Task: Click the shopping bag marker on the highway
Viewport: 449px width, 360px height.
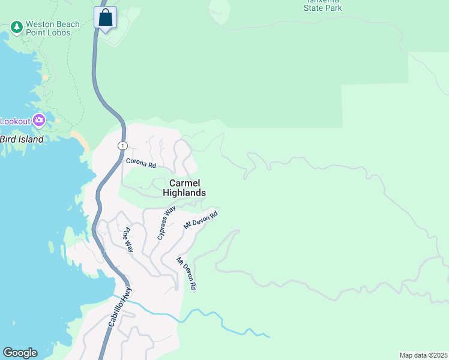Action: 105,17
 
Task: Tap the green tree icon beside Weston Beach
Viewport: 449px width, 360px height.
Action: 16,28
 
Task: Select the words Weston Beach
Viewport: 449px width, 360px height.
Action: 52,24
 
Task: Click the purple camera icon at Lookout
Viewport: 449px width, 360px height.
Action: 39,121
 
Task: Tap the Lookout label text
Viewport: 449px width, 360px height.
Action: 14,121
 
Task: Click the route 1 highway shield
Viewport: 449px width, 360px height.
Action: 122,146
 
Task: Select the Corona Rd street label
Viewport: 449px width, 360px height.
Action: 141,163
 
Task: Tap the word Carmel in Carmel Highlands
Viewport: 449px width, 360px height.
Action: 184,183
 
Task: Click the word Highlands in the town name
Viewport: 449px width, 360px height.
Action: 184,193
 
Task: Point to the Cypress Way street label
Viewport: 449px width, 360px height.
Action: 166,223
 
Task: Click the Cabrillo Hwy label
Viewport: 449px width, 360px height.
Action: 119,306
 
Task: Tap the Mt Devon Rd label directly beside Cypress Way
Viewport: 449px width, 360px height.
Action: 200,219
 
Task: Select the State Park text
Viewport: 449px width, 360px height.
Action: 323,8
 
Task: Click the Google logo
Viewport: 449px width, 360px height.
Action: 19,353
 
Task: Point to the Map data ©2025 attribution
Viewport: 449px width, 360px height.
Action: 423,355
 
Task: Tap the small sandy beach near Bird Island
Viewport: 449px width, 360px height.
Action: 82,140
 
